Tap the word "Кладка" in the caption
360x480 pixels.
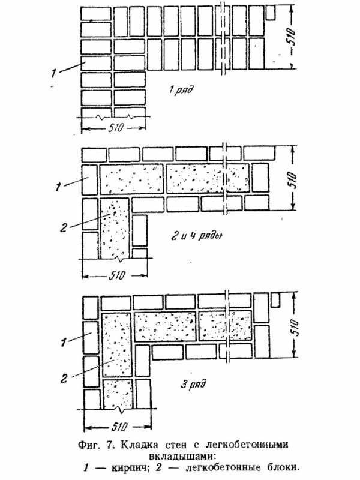(141, 445)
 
